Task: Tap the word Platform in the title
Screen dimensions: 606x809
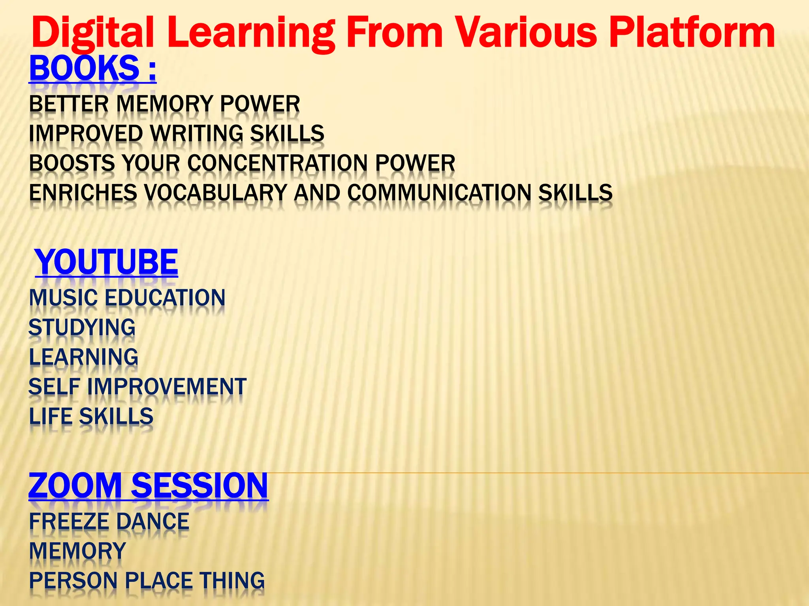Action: (692, 34)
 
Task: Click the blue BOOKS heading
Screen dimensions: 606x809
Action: (84, 68)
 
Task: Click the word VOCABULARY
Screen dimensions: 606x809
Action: (215, 193)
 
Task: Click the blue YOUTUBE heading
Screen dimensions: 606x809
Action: (107, 262)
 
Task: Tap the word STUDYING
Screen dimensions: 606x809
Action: (82, 327)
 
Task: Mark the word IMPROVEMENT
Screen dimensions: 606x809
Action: (167, 387)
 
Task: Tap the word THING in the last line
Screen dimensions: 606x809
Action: (232, 581)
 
